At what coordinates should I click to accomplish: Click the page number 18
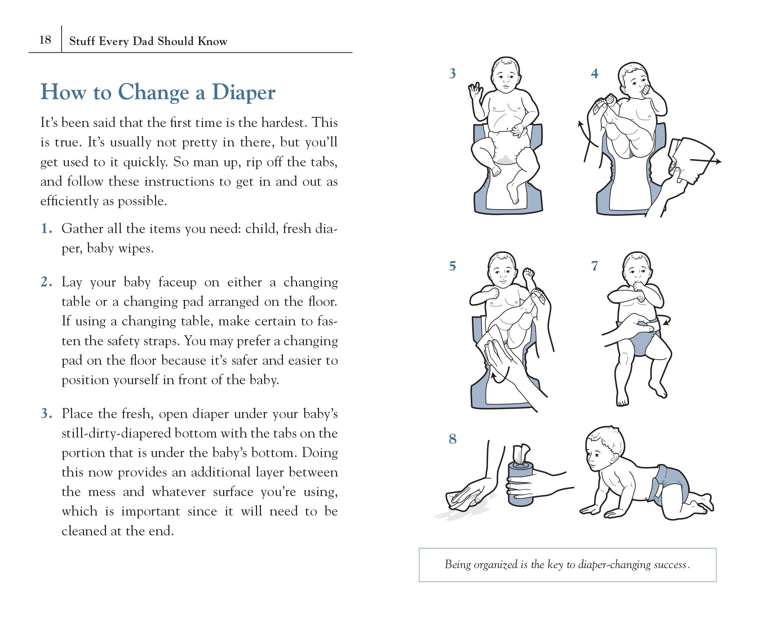[x=45, y=39]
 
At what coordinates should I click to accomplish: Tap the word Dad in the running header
[x=143, y=41]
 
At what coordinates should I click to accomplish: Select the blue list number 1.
[x=47, y=229]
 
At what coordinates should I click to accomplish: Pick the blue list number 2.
[x=47, y=282]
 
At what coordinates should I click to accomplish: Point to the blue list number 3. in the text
[x=47, y=413]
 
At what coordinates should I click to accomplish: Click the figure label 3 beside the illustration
[x=452, y=73]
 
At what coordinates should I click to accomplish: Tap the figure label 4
[x=594, y=74]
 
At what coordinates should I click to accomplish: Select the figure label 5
[x=452, y=266]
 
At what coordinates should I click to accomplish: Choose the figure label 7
[x=594, y=266]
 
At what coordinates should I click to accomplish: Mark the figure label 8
[x=453, y=439]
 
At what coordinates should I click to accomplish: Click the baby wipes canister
[x=521, y=483]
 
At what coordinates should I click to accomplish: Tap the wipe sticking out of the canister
[x=521, y=454]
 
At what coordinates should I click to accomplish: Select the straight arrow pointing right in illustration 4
[x=705, y=161]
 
